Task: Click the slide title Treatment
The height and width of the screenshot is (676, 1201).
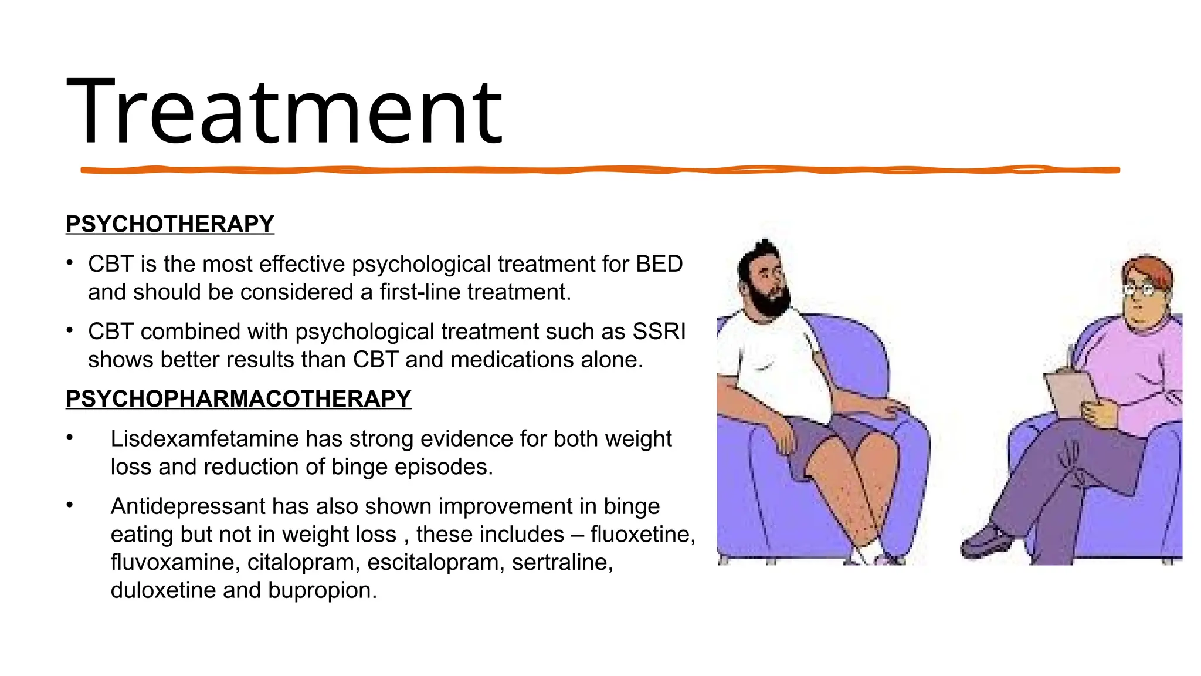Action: click(284, 111)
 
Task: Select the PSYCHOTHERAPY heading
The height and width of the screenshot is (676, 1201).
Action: click(169, 224)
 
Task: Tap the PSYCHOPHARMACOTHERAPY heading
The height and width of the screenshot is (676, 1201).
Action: click(238, 399)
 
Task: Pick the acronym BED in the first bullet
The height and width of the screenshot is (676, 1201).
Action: click(659, 264)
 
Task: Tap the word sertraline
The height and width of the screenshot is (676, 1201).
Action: click(562, 562)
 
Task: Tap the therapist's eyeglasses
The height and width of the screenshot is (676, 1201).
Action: click(1139, 289)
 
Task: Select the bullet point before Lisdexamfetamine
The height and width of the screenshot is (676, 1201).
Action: click(70, 437)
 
